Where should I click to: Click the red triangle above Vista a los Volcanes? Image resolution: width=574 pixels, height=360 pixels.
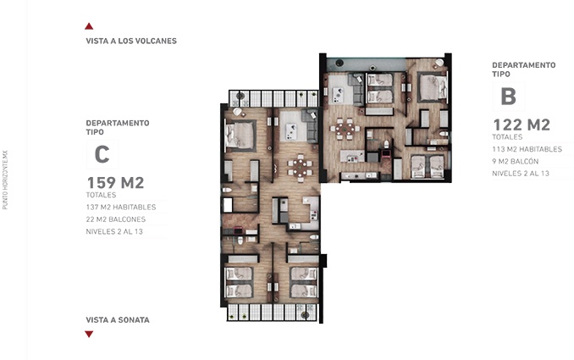89,26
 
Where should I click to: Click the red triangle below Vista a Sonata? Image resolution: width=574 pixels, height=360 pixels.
89,334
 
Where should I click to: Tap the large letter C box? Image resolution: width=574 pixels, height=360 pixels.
102,154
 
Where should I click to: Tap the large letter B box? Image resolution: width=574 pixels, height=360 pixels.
508,94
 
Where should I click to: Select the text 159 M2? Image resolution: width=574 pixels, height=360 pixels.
116,182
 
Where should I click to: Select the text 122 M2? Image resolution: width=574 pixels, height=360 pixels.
522,125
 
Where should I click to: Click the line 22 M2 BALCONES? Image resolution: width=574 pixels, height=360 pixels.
122,219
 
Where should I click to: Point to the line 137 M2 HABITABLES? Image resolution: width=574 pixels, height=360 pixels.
122,206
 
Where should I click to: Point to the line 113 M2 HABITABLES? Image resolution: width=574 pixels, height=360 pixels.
527,149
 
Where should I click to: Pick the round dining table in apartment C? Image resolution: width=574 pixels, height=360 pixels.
299,166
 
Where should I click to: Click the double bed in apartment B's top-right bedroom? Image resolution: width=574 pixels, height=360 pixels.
432,85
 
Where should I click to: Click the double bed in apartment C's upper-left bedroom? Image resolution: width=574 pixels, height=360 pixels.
240,135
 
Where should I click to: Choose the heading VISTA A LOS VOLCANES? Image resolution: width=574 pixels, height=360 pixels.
131,41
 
